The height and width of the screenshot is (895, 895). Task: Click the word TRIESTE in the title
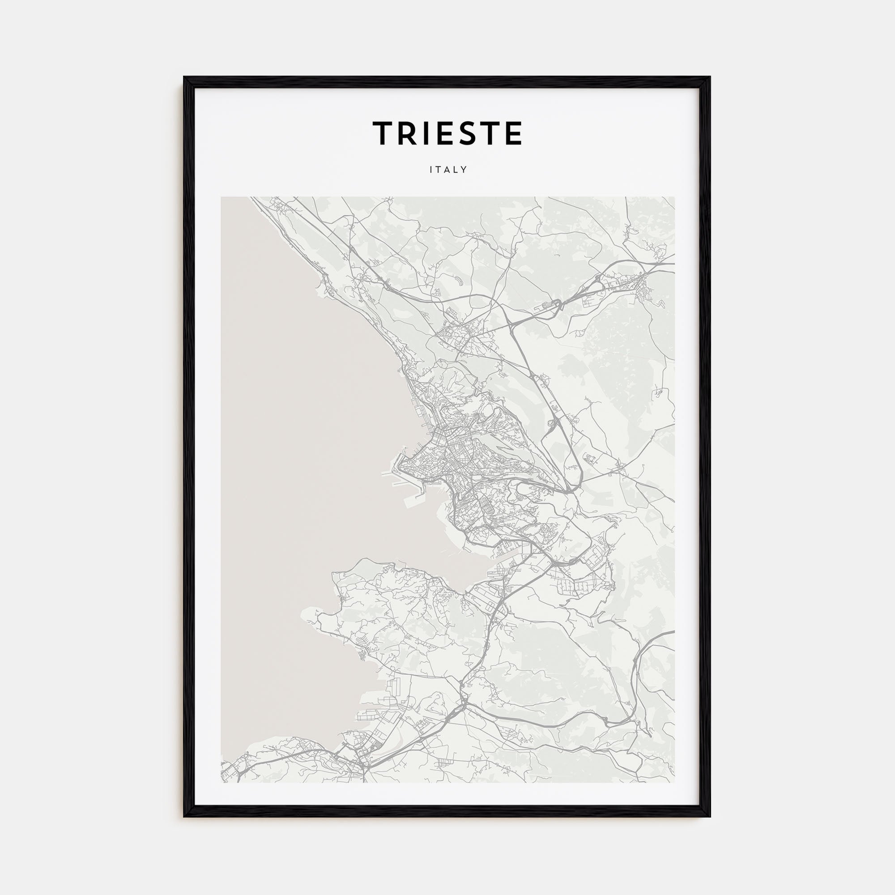(x=447, y=133)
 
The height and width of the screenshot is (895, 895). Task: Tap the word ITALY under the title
(x=447, y=170)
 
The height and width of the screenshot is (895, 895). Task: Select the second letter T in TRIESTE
(x=490, y=133)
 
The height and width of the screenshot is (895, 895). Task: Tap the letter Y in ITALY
(x=465, y=170)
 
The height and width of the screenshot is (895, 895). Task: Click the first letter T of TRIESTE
(x=384, y=133)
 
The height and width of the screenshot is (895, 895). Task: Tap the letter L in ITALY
(x=457, y=170)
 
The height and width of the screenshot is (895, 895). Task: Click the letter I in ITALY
(x=431, y=170)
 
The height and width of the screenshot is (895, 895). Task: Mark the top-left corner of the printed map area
(x=221, y=197)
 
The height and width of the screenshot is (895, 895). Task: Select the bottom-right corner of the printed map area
(x=674, y=783)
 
